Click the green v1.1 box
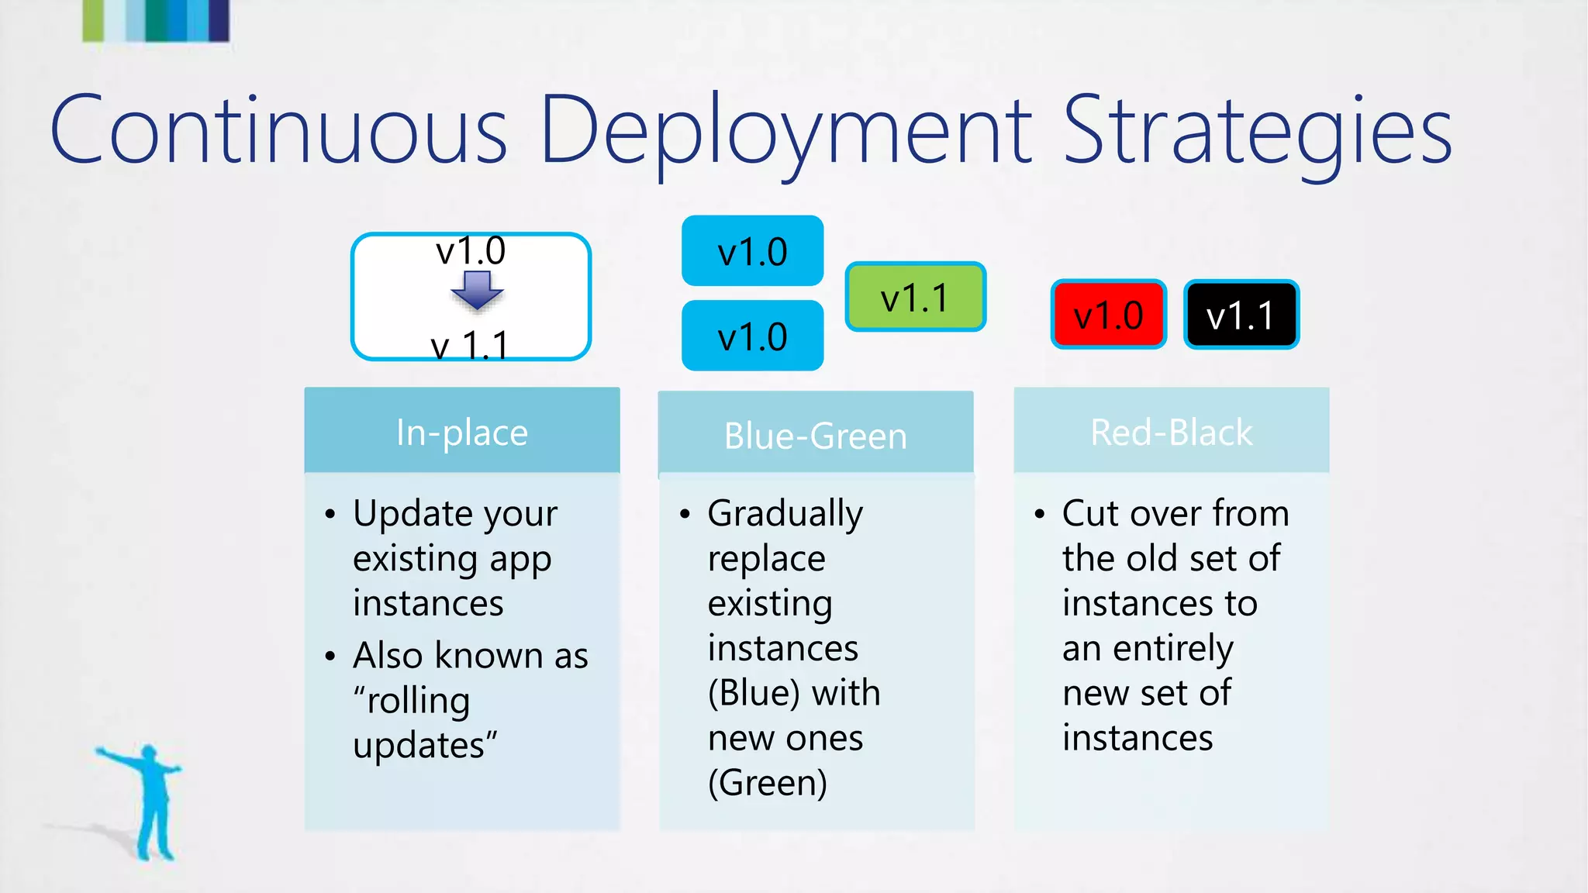[x=915, y=298]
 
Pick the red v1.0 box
[x=1108, y=315]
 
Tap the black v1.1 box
[x=1241, y=315]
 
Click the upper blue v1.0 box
[x=752, y=251]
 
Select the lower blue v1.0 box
[x=752, y=336]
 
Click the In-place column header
[x=462, y=431]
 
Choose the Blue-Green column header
[x=816, y=434]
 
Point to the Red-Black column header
[x=1171, y=431]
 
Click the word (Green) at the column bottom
[x=768, y=783]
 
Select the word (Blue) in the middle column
[x=754, y=693]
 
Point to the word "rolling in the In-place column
[x=413, y=701]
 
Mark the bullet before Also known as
[x=330, y=656]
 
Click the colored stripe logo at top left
[x=156, y=20]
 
